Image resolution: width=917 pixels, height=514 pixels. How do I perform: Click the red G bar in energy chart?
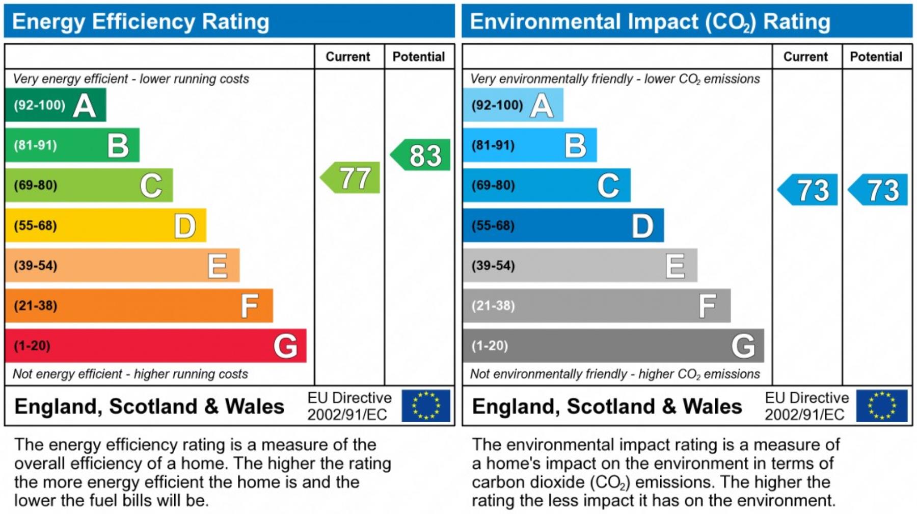click(x=155, y=346)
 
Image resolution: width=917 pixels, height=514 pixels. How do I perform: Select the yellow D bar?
click(x=105, y=225)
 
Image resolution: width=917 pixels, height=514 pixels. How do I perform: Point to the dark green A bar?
click(x=55, y=105)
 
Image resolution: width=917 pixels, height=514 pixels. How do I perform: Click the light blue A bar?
click(x=513, y=105)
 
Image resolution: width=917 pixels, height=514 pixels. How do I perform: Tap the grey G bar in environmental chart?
click(x=613, y=346)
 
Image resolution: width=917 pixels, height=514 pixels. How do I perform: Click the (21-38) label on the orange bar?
click(x=36, y=306)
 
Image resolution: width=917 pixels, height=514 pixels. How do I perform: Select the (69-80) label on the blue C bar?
click(x=493, y=185)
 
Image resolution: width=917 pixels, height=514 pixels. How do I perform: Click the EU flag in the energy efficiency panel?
click(x=425, y=406)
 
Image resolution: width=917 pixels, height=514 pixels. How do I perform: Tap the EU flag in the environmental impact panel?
click(x=881, y=406)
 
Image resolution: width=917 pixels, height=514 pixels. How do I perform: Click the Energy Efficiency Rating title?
click(x=141, y=22)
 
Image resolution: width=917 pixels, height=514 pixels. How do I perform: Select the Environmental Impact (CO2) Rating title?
click(x=650, y=22)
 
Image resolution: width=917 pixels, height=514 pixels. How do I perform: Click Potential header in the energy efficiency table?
click(x=419, y=57)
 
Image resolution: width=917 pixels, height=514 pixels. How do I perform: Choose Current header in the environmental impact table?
click(x=805, y=57)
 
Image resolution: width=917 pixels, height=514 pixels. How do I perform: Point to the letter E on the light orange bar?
click(x=218, y=266)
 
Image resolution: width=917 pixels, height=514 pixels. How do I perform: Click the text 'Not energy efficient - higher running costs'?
click(x=130, y=374)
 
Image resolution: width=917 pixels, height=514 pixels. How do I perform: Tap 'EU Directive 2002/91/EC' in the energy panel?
click(x=349, y=406)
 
